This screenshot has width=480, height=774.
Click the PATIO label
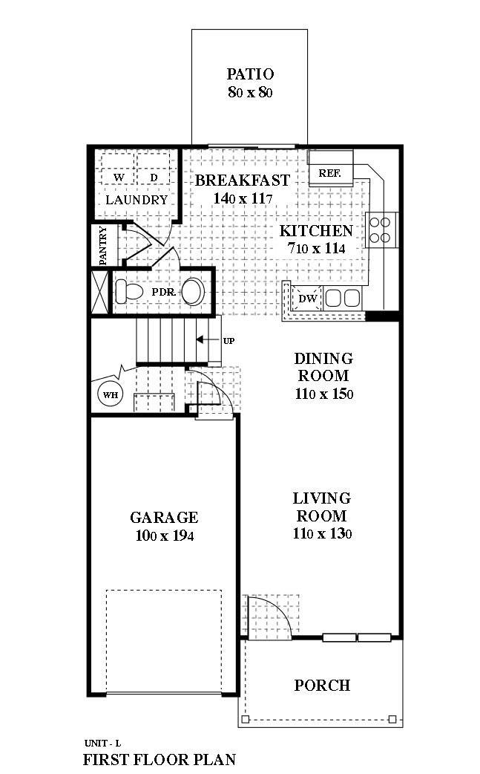(x=250, y=74)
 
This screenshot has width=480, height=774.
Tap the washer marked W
(x=119, y=178)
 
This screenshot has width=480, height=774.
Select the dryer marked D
(x=154, y=178)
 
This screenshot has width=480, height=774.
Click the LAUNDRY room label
(x=137, y=201)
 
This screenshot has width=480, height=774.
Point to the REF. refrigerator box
(x=329, y=173)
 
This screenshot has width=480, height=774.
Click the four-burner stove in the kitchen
(x=381, y=229)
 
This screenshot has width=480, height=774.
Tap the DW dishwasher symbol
(x=308, y=299)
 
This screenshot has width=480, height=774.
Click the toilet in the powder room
(x=128, y=291)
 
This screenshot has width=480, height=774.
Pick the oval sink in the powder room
(x=194, y=291)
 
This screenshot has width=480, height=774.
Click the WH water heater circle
(x=111, y=394)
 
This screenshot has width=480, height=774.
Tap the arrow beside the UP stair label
(x=204, y=341)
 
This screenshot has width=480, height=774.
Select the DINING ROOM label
(x=323, y=367)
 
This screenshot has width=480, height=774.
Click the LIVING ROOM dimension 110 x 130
(x=322, y=533)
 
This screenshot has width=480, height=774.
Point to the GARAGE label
(x=164, y=518)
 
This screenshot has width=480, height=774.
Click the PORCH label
(x=322, y=685)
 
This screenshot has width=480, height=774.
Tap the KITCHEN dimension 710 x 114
(x=316, y=248)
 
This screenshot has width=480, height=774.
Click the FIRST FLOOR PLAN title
(x=159, y=760)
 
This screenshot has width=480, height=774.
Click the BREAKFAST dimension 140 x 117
(x=243, y=198)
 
